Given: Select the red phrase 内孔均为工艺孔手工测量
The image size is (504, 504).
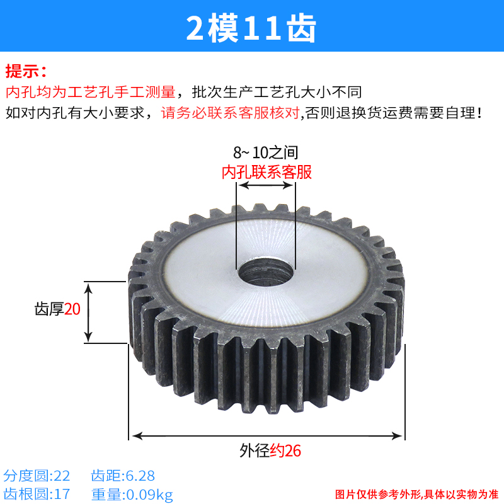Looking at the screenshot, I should coord(90,92).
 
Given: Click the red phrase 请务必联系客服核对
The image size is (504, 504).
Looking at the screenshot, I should coord(231,113).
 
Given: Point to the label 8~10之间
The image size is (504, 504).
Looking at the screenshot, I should coord(265,152).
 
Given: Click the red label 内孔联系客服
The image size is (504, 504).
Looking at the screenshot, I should coord(266,172).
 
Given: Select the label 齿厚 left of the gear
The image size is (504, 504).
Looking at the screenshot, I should coord(49,309).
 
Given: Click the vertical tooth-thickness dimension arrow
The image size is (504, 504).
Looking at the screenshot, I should coord(89,312).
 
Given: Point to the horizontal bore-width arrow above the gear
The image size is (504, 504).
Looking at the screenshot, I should coord(265,186).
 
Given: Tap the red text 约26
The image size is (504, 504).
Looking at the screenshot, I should coord(286,451).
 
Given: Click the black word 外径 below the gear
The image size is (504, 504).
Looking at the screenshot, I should coord(255,451).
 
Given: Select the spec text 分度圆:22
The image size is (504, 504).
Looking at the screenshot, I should coord(37,475).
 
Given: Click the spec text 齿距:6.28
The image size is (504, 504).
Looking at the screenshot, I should coord(123,475).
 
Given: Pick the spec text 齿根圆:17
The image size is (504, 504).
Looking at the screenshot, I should coord(37,494).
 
